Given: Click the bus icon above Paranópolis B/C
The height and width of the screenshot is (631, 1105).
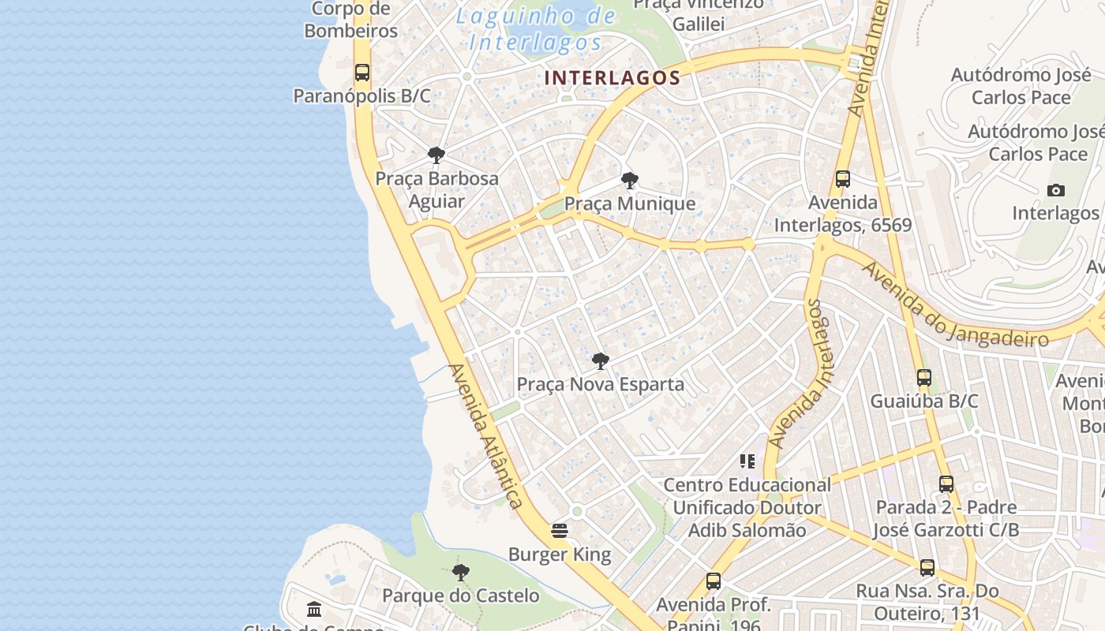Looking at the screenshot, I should pos(362,73).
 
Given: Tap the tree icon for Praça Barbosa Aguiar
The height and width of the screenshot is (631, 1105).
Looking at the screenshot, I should pos(436,155).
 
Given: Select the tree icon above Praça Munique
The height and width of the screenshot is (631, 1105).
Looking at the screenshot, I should pos(629,181).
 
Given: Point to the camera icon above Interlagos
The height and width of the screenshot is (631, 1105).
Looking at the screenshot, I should pos(1055,190).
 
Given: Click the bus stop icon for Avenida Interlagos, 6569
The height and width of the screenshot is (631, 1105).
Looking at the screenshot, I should pos(843,179).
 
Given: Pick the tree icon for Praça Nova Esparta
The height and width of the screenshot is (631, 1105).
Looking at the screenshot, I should pos(600,361).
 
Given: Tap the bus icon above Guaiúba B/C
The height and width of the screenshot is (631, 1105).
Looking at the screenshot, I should pos(924,378).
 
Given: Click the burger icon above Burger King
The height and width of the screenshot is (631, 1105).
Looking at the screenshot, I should pos(560,531).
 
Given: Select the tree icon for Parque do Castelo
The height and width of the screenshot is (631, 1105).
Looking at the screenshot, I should pos(460,572).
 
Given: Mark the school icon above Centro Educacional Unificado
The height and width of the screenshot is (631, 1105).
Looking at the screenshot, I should pos(747,461).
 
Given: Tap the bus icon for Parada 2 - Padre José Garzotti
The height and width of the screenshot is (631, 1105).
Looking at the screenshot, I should pos(946,484).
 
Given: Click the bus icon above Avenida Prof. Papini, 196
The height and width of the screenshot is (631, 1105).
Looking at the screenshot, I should pos(714,581).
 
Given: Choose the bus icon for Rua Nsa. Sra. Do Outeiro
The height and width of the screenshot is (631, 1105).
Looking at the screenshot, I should pos(927,567).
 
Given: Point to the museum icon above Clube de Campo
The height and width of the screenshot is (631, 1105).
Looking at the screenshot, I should pos(314,609).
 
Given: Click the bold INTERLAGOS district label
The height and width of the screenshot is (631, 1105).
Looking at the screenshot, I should pos(612,77).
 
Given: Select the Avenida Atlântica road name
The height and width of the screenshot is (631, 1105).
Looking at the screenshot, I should pos(485,435).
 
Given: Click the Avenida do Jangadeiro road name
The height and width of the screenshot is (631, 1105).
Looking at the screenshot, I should pos(955,304).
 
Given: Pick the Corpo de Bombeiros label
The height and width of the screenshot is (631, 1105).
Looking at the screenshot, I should pos(351,21).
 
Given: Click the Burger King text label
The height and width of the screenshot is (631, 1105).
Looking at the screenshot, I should pos(560,554).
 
